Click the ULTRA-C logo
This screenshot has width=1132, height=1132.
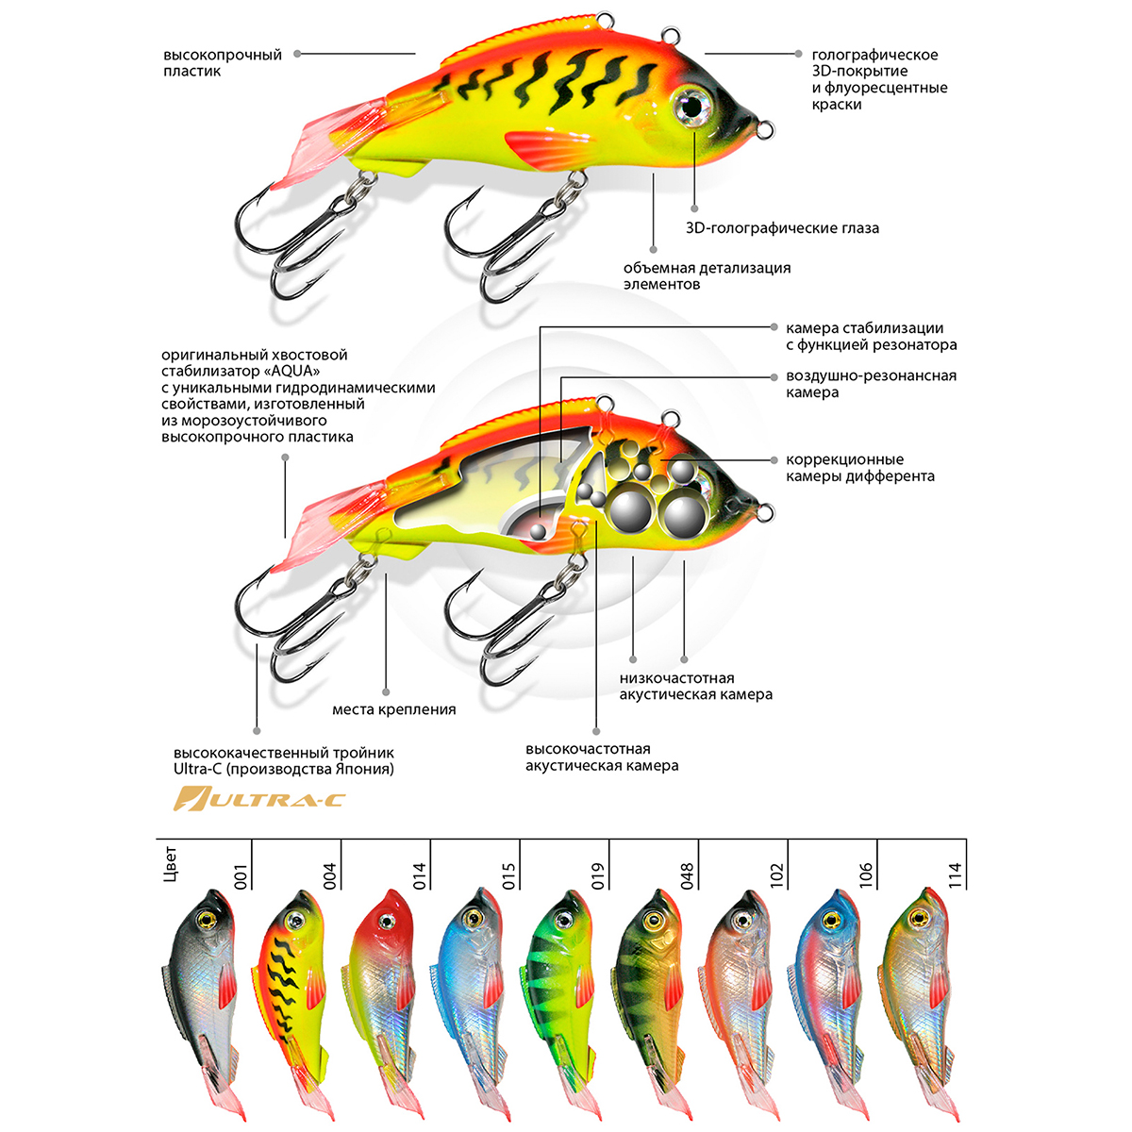260,800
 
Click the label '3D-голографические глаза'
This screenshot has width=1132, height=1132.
782,227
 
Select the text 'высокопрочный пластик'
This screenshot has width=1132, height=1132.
223,63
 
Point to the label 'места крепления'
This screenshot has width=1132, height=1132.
393,709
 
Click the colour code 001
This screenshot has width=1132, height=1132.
241,875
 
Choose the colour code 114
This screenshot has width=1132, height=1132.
955,875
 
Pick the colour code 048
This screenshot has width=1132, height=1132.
687,875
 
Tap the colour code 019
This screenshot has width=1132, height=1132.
597,875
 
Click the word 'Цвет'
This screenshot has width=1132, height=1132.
170,864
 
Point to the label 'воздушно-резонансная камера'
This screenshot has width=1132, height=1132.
871,384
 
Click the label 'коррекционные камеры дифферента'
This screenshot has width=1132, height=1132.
859,468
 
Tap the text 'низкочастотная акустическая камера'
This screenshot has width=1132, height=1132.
695,686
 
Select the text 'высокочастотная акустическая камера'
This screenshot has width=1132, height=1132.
602,757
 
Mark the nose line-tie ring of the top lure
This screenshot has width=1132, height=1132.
764,127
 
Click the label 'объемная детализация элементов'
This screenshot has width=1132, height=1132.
707,275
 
